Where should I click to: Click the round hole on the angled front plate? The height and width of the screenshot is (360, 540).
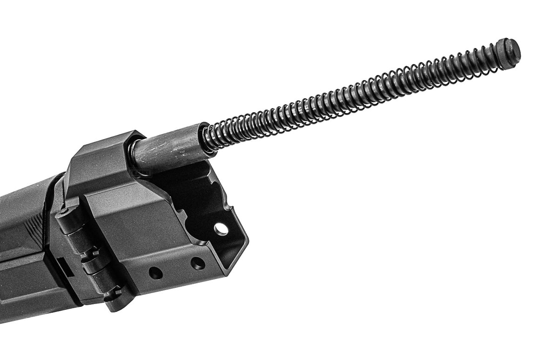(221, 229)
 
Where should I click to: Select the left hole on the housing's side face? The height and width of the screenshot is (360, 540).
(155, 273)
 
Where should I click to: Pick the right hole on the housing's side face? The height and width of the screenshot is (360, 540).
(197, 264)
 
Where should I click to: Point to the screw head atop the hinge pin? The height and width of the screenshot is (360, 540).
(62, 214)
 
